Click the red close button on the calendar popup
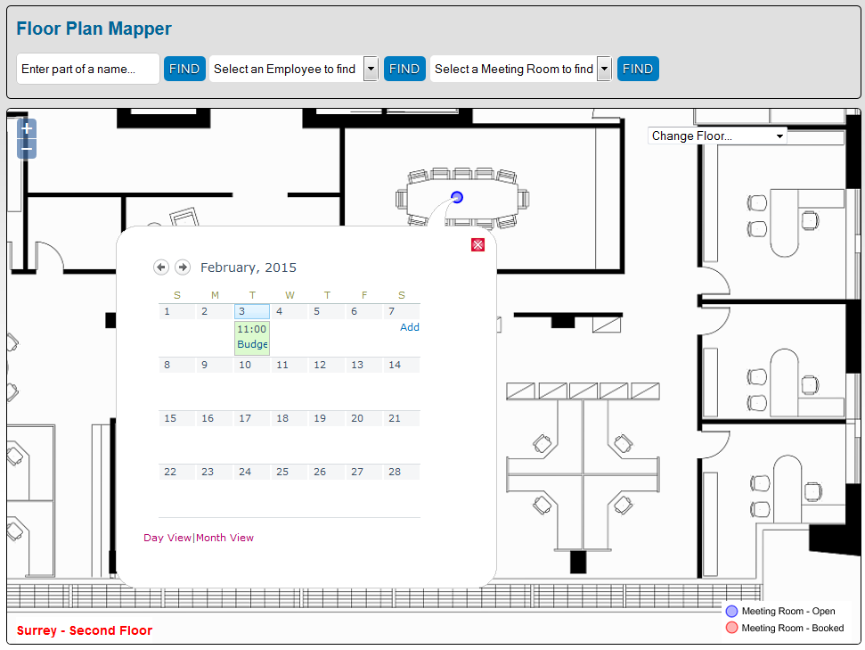[477, 244]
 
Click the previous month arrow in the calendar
[161, 267]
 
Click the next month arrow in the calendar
[183, 267]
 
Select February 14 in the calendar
[395, 365]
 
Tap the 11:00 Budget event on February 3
[252, 337]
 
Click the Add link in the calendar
[410, 327]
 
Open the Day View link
[167, 538]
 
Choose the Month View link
[225, 538]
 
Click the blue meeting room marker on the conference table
[457, 197]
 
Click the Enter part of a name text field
[88, 69]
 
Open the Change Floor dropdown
[717, 136]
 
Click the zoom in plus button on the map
[27, 128]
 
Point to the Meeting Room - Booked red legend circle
[732, 628]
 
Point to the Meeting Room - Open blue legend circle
[732, 612]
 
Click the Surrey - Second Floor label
[85, 631]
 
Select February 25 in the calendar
[282, 472]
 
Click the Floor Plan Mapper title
[94, 29]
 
